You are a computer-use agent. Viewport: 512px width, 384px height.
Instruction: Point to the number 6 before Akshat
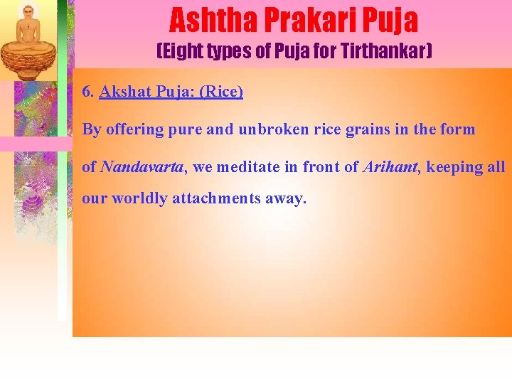click(87, 92)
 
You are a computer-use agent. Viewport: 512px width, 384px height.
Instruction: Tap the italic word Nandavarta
click(142, 167)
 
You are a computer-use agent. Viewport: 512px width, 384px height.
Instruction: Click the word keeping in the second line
click(452, 167)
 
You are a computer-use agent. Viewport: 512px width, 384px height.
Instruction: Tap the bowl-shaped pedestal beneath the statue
click(28, 58)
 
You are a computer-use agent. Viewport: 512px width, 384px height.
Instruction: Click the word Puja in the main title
click(390, 21)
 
